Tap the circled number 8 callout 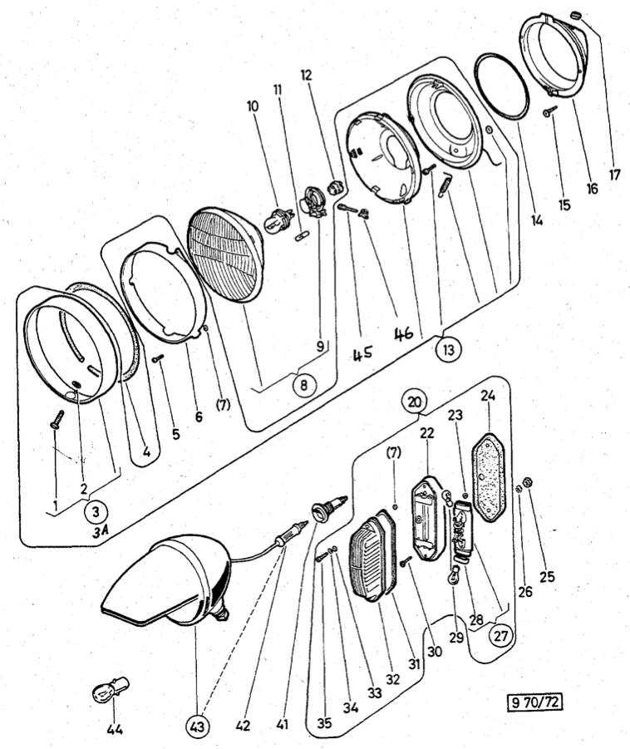[x=304, y=385]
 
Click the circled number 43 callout [x=197, y=724]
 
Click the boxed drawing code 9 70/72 [x=534, y=703]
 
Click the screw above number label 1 [x=57, y=417]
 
